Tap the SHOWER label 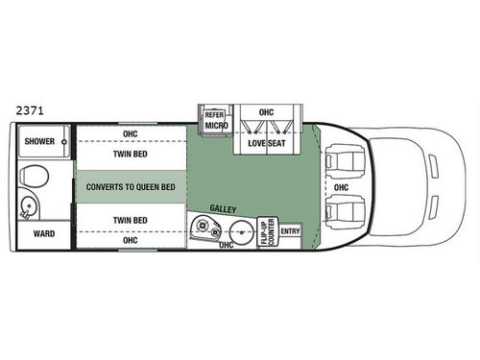tap(40, 142)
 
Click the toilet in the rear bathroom tap(35, 178)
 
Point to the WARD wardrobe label tap(43, 233)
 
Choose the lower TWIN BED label tap(130, 220)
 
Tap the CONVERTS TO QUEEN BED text tap(131, 186)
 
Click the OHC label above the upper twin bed tap(130, 133)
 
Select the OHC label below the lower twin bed tap(130, 239)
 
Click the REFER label tap(214, 114)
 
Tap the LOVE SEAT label tap(266, 143)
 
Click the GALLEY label tap(225, 207)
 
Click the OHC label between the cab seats tap(342, 187)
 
